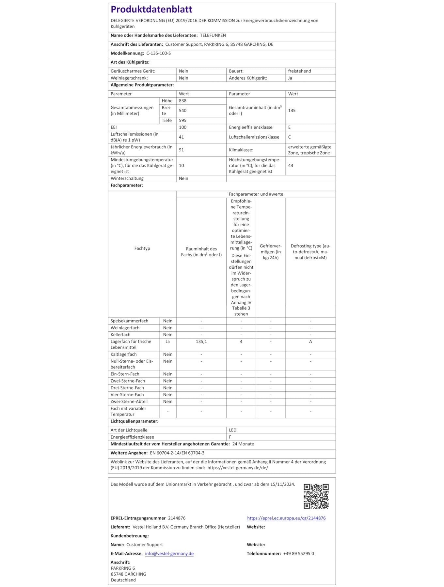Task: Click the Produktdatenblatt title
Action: pos(151,9)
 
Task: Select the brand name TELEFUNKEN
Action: pos(213,36)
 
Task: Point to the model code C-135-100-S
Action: pos(159,53)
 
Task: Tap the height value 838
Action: pos(182,101)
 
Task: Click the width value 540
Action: pos(182,111)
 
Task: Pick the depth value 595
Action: pos(182,120)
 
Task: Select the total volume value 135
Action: pos(292,111)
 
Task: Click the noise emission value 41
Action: pos(182,137)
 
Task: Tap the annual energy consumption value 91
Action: pos(182,150)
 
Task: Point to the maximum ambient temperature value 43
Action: pos(291,166)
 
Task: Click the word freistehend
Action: pos(299,71)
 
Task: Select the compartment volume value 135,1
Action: pos(201,342)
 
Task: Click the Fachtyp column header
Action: pos(142,248)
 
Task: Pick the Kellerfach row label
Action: pos(120,335)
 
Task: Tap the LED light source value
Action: pos(233,430)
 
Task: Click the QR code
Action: pos(316,496)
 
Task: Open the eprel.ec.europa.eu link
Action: pos(286,518)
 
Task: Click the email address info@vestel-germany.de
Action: pos(169,554)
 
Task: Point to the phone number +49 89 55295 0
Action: pos(298,554)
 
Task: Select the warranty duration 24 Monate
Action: pos(243,444)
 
